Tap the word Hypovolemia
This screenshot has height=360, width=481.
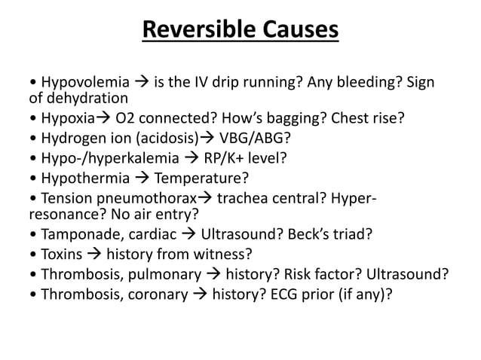tap(81, 81)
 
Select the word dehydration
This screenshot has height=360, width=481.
tap(79, 98)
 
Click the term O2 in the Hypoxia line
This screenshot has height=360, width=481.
tap(126, 117)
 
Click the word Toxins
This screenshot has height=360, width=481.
tap(61, 255)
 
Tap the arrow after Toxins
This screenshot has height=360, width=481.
tap(95, 255)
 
